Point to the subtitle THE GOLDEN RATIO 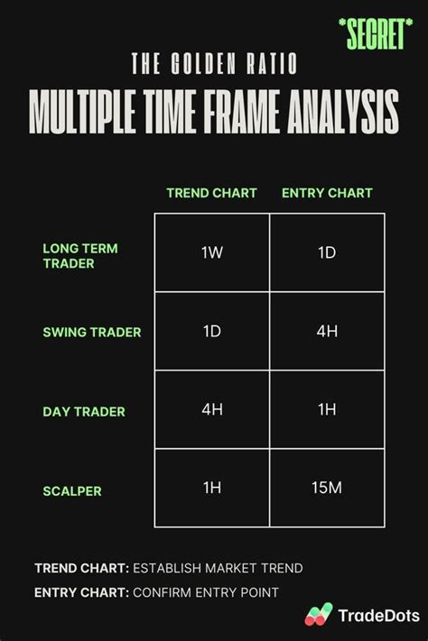coord(213,64)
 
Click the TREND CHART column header coord(211,193)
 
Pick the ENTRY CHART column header coord(327,193)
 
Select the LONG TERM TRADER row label coord(79,255)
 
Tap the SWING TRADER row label coord(92,332)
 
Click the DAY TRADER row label coord(84,412)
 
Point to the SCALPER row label coord(72,491)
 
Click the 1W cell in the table coord(212,253)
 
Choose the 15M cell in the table coord(327,488)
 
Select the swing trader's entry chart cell coord(327,331)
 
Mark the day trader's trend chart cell coord(212,409)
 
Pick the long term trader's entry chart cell coord(327,253)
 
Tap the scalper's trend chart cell coord(212,488)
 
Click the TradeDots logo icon coord(319,615)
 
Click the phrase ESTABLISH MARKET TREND coord(218,568)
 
